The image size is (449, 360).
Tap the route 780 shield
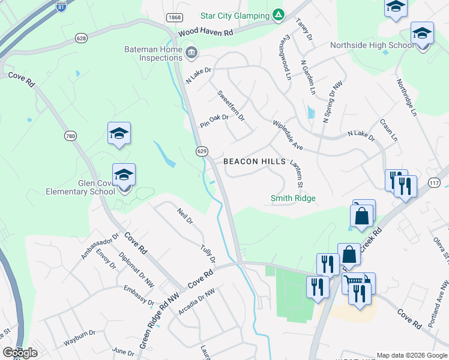pyautogui.click(x=71, y=136)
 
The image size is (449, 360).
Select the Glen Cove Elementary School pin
pyautogui.click(x=124, y=178)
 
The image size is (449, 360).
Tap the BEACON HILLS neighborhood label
pyautogui.click(x=255, y=161)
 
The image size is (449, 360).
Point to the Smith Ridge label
pyautogui.click(x=293, y=198)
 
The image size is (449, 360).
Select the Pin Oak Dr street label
pyautogui.click(x=214, y=121)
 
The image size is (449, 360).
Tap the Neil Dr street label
pyautogui.click(x=184, y=216)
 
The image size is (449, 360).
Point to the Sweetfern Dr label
pyautogui.click(x=231, y=106)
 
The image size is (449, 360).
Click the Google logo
pyautogui.click(x=20, y=353)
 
